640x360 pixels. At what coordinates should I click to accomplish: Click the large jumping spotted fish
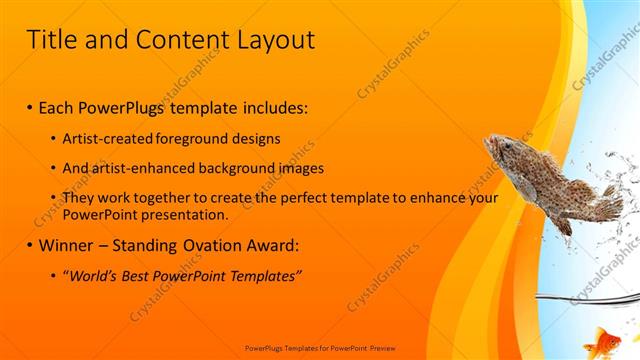(x=550, y=180)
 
